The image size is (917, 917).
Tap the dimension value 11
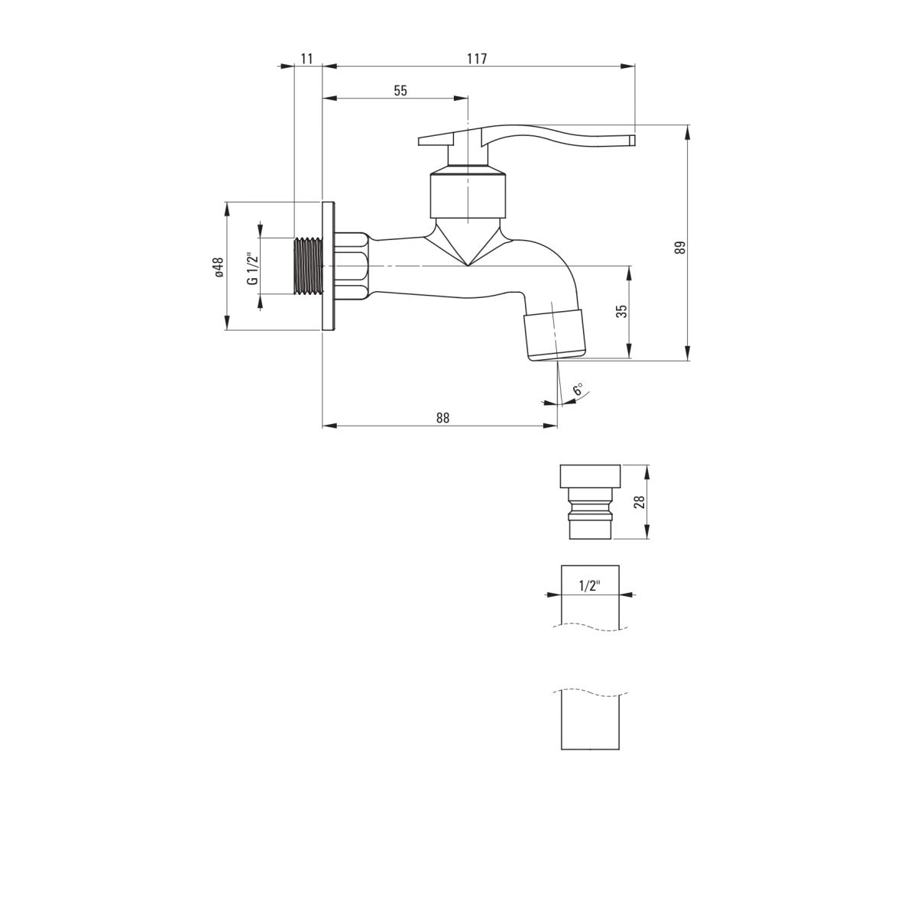coord(307,59)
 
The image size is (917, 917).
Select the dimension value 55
coord(400,90)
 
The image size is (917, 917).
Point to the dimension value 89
coord(682,248)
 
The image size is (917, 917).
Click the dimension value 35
coord(621,311)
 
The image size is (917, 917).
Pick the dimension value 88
coord(442,417)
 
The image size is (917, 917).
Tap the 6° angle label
coord(578,389)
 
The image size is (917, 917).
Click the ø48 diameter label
coord(219,267)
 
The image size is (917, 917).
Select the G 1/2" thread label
coord(253,268)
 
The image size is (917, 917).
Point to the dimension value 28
coord(639,502)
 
